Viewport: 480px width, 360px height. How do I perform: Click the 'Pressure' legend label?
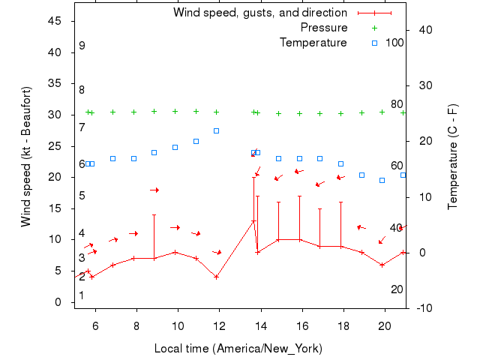324,28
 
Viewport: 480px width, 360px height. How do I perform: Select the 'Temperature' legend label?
313,43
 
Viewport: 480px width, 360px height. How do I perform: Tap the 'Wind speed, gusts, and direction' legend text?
260,13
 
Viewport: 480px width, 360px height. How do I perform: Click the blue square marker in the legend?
375,43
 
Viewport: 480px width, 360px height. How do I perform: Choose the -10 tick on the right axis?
425,307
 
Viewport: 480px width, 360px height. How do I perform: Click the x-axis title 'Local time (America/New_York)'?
238,349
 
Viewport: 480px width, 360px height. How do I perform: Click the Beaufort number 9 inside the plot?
82,46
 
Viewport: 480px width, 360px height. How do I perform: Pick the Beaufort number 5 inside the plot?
82,196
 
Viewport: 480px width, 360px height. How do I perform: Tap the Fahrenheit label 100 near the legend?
394,43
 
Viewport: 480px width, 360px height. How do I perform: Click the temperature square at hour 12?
216,130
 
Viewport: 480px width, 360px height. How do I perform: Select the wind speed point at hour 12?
216,277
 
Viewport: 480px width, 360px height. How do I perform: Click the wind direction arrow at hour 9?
154,190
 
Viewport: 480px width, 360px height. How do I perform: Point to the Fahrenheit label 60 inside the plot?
397,166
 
